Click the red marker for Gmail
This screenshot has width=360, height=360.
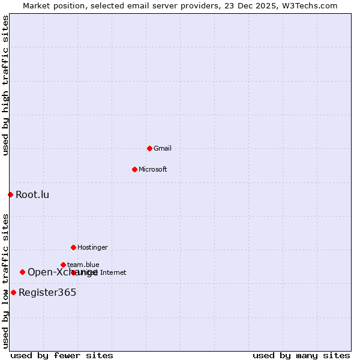pyautogui.click(x=149, y=148)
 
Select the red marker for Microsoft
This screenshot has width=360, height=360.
pyautogui.click(x=134, y=169)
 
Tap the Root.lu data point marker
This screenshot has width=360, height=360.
pyautogui.click(x=10, y=194)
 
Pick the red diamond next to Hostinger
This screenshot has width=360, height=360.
pyautogui.click(x=73, y=247)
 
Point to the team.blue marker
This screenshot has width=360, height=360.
pyautogui.click(x=63, y=265)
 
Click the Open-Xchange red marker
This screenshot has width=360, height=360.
pyautogui.click(x=22, y=272)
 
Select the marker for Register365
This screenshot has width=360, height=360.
pyautogui.click(x=13, y=292)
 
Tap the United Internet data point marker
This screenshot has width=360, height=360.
pyautogui.click(x=73, y=272)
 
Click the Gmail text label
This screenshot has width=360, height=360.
pyautogui.click(x=163, y=148)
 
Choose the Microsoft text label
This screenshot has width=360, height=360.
pyautogui.click(x=153, y=169)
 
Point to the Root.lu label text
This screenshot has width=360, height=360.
pyautogui.click(x=32, y=194)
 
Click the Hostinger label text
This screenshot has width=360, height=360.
pyautogui.click(x=92, y=247)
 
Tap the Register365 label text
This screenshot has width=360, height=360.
pyautogui.click(x=47, y=292)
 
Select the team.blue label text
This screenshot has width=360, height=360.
pyautogui.click(x=83, y=265)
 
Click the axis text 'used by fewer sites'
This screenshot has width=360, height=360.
pyautogui.click(x=62, y=355)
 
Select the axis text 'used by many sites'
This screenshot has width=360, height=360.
pyautogui.click(x=301, y=355)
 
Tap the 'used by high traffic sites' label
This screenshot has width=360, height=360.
pyautogui.click(x=5, y=85)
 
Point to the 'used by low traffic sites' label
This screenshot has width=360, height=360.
pyautogui.click(x=5, y=281)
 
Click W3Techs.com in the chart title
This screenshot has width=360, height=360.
pyautogui.click(x=311, y=5)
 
